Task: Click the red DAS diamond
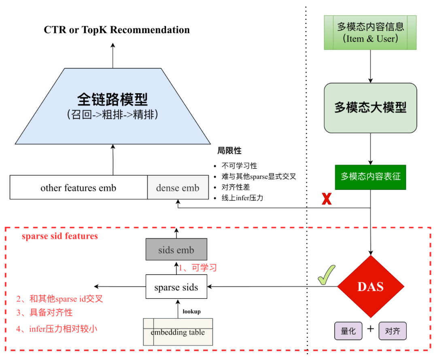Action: point(371,287)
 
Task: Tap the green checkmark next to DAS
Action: point(327,275)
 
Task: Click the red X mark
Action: point(327,199)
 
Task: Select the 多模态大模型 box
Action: point(370,108)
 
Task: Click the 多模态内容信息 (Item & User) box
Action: point(370,33)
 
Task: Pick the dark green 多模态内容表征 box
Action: point(370,177)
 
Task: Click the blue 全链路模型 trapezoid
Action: point(112,106)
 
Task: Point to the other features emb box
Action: point(78,187)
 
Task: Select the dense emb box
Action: point(178,187)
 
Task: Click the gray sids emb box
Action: point(176,249)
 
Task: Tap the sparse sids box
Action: point(176,287)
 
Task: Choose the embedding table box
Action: point(178,332)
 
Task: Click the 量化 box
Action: point(348,331)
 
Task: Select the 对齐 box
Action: point(392,331)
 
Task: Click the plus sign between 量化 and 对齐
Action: point(370,329)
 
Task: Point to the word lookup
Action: point(191,311)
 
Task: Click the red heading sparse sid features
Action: point(60,236)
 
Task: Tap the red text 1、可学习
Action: point(198,268)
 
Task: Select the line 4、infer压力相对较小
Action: point(57,328)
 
